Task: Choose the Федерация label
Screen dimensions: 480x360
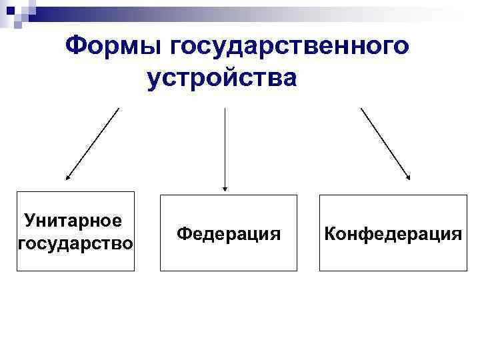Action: [229, 234]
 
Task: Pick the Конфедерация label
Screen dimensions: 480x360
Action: [393, 234]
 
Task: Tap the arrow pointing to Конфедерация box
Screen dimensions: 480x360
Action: [385, 143]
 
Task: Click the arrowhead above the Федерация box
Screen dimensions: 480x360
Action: [225, 188]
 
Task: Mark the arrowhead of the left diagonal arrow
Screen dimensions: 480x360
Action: [67, 178]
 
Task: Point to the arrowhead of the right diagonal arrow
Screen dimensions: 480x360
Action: [409, 177]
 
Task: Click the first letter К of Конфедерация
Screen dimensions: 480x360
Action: [329, 234]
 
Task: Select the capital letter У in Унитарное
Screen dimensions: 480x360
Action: [29, 219]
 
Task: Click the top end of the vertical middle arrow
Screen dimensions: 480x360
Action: [225, 109]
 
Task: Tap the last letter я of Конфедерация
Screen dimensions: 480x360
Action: [456, 234]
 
